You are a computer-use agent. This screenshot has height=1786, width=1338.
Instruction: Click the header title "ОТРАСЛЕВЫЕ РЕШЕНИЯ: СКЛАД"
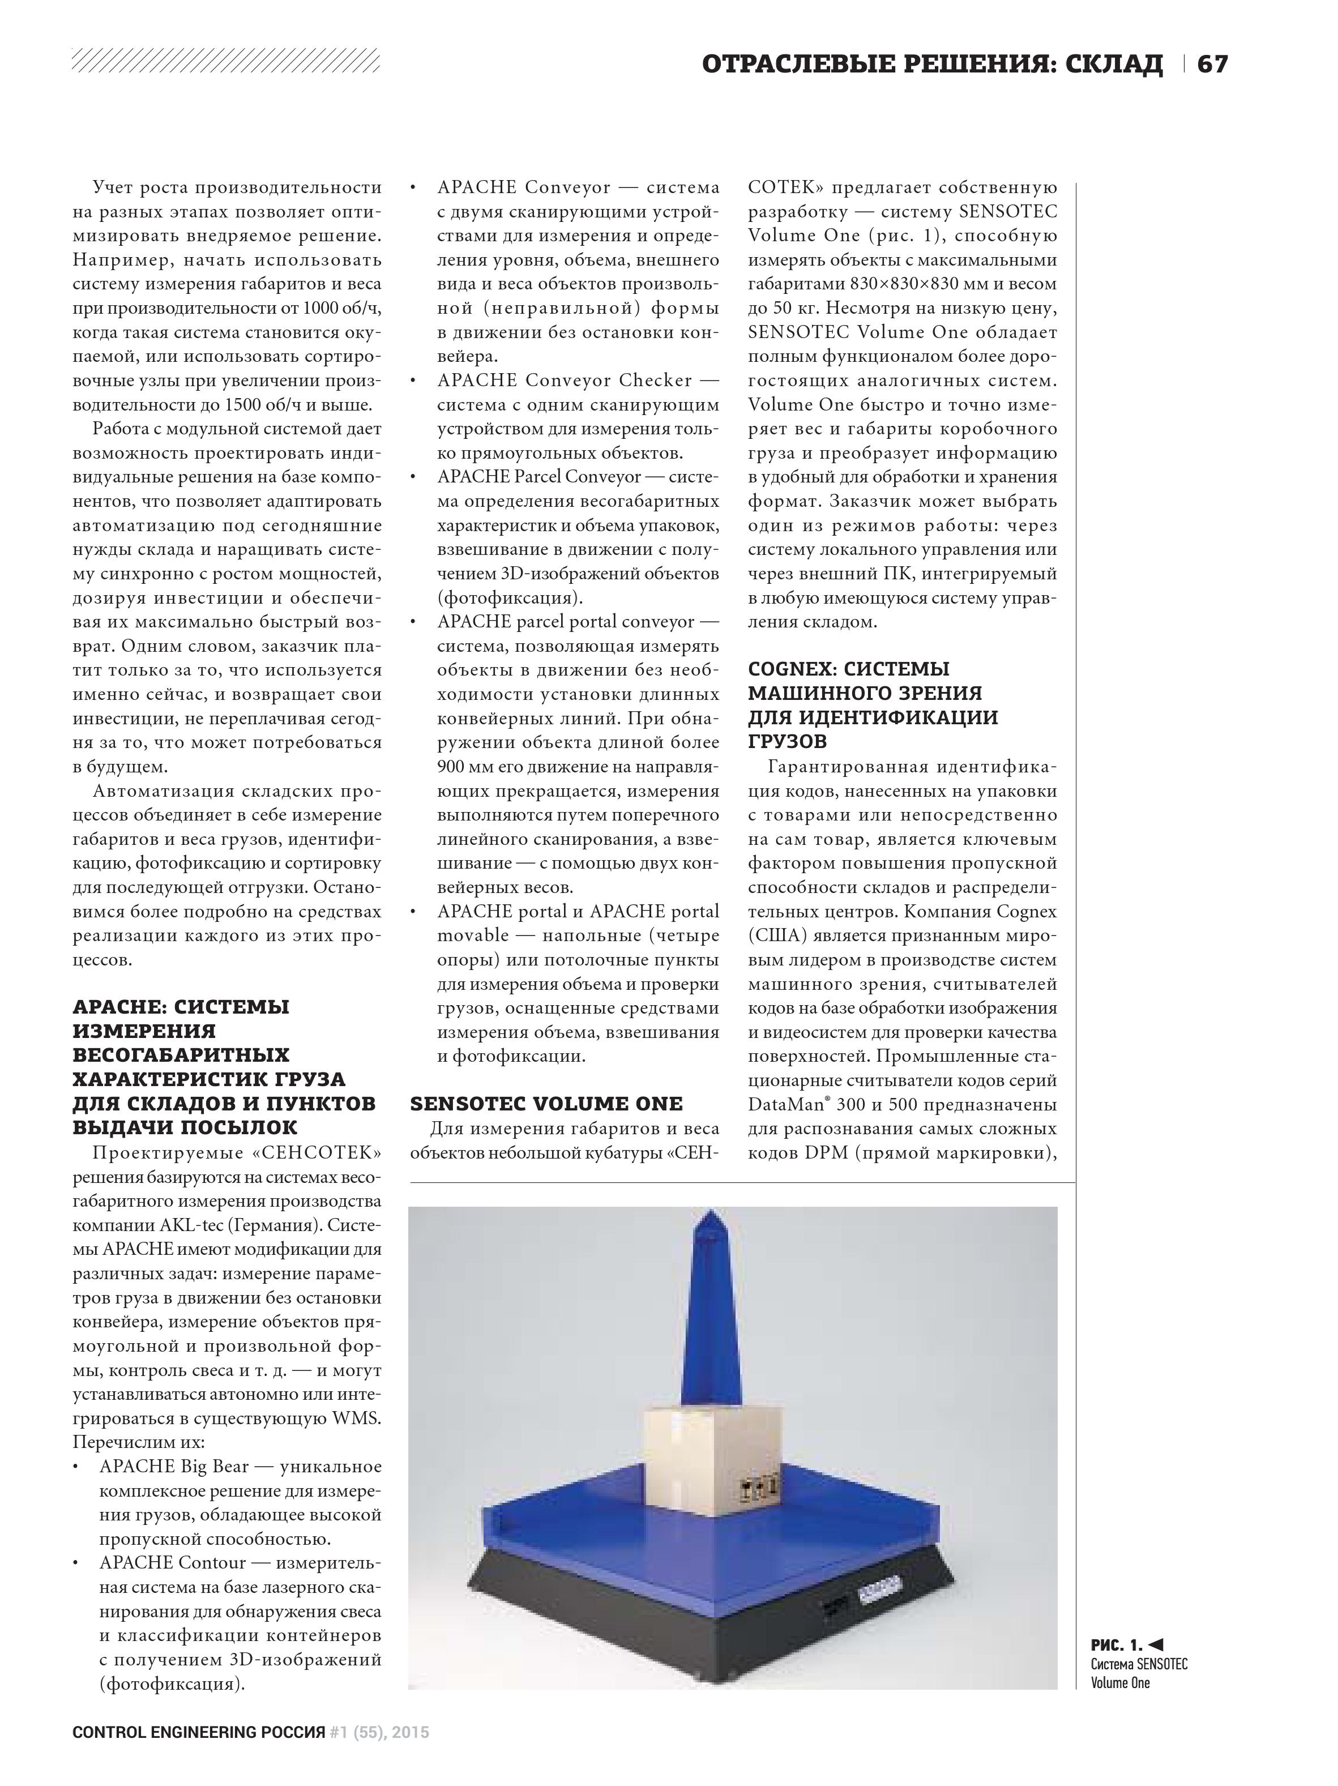tap(932, 64)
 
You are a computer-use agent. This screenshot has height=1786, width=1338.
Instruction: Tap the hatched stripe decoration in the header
tap(226, 60)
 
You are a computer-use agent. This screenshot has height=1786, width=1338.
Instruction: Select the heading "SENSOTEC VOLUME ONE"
tap(546, 1104)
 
